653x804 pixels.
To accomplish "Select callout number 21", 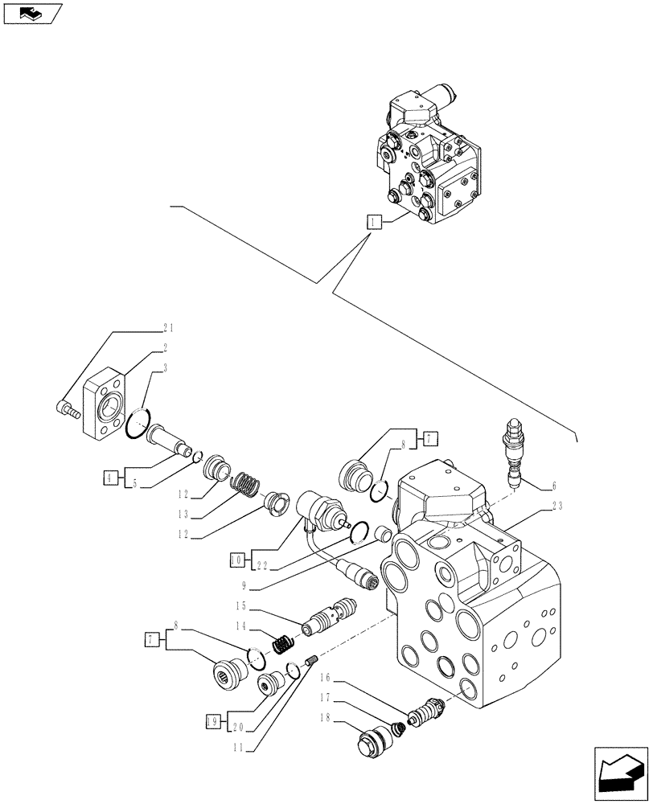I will [x=168, y=328].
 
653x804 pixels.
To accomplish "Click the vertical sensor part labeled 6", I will [x=511, y=450].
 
